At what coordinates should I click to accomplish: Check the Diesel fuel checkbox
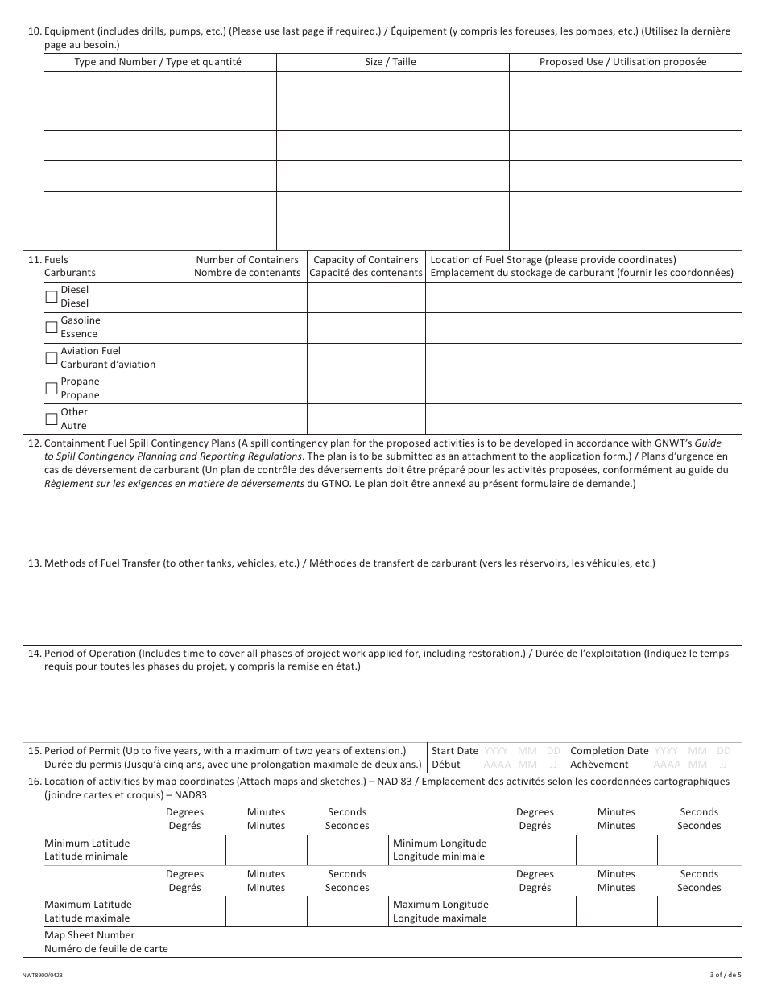click(52, 296)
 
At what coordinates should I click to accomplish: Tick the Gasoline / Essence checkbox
click(52, 327)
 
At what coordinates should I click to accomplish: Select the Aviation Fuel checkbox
click(52, 357)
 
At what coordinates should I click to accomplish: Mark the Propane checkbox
click(52, 388)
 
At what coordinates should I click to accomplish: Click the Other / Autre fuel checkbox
click(52, 419)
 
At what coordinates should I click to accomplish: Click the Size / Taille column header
click(391, 62)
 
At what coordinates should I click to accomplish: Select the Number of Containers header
click(247, 266)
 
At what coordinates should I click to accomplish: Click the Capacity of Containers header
click(366, 266)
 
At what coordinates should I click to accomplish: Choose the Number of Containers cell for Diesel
click(247, 297)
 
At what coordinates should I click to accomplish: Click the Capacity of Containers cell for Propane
click(366, 389)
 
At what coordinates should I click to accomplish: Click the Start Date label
click(455, 751)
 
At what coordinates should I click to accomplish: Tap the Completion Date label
click(609, 751)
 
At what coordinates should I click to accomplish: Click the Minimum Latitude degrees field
click(185, 850)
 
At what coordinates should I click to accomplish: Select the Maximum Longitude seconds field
click(699, 911)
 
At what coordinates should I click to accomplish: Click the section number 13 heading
click(35, 563)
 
